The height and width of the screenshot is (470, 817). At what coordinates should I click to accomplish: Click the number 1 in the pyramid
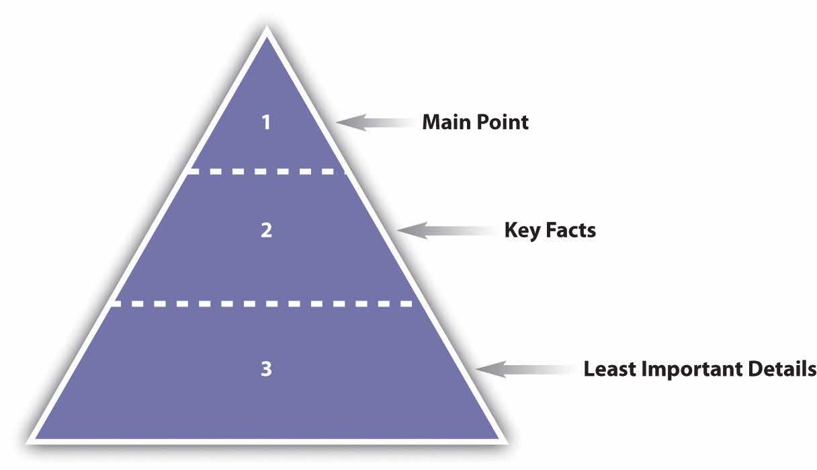pos(266,122)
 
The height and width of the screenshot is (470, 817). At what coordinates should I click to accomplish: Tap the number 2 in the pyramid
pos(266,230)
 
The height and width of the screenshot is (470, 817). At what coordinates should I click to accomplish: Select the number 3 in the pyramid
pos(266,368)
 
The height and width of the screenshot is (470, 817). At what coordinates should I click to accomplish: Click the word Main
pos(446,122)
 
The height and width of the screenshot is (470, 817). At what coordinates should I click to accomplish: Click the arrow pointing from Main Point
pos(375,122)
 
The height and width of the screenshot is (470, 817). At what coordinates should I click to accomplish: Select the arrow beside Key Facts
pos(447,231)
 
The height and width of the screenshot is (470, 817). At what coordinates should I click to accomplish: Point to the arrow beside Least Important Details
pos(525,369)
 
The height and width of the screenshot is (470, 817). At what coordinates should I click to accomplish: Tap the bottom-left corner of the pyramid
pos(26,444)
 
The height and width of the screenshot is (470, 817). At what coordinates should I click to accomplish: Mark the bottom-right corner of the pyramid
pos(508,444)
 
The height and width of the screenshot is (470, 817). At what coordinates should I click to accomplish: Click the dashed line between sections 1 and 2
pos(267,171)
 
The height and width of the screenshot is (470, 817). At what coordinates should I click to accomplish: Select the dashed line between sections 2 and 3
pos(262,304)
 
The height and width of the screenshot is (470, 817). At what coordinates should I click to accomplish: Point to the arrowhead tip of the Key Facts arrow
pos(397,230)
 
